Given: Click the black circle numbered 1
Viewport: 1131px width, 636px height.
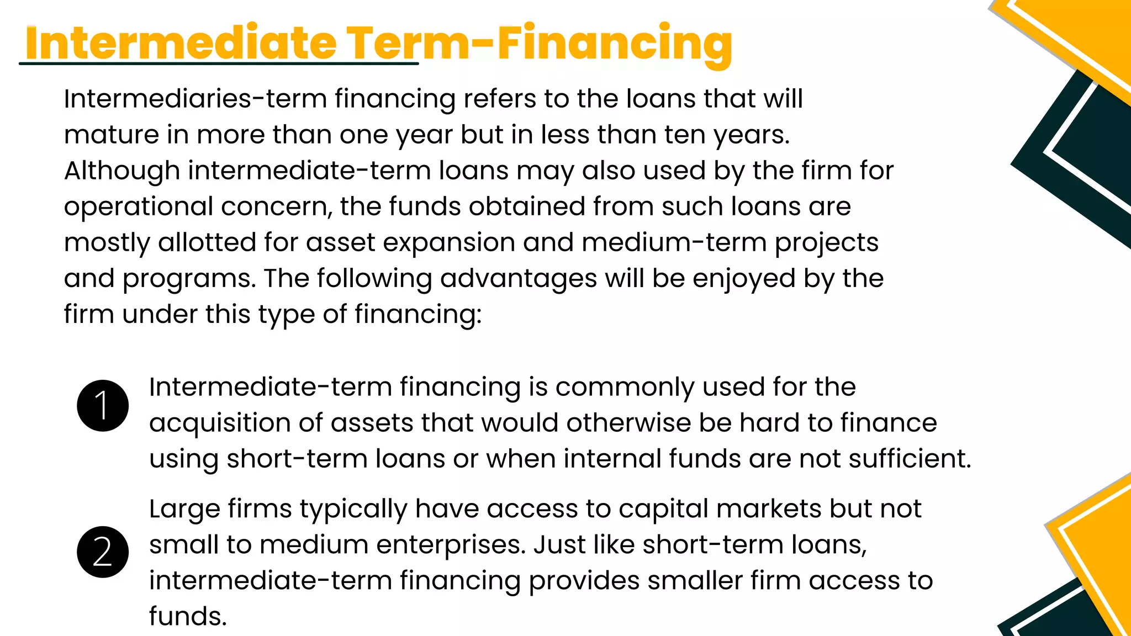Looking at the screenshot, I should coord(103,406).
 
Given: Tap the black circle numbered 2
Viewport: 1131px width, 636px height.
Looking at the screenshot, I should coord(103,552).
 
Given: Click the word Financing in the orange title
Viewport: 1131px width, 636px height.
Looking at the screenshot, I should coord(615,43).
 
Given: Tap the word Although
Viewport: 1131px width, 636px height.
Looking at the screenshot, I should coord(122,171).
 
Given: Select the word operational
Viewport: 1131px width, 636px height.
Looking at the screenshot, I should coord(139,207).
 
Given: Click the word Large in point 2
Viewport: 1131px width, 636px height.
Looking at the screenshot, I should coord(184,509).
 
